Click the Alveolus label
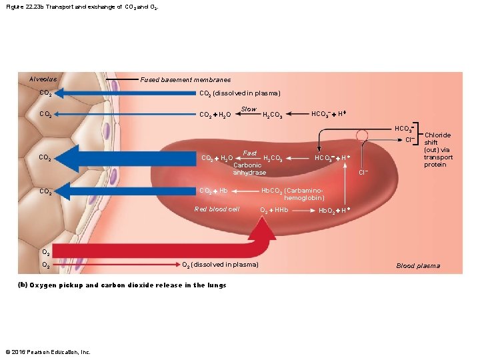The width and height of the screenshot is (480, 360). (43, 79)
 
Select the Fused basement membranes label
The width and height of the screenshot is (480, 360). (185, 80)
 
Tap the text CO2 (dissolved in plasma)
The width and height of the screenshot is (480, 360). (240, 93)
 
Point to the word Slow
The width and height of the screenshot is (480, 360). (249, 109)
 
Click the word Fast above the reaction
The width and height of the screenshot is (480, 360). (250, 153)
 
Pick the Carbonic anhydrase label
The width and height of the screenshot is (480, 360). (249, 169)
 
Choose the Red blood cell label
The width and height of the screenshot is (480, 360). (217, 209)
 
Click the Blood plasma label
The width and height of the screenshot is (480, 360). (418, 266)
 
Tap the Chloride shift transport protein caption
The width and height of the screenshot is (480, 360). (438, 150)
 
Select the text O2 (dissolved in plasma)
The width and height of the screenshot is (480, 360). (220, 265)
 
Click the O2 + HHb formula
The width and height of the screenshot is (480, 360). (273, 210)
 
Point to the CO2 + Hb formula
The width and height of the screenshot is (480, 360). (215, 191)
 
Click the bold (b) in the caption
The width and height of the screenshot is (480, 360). (23, 285)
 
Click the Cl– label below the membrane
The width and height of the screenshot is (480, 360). (364, 173)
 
